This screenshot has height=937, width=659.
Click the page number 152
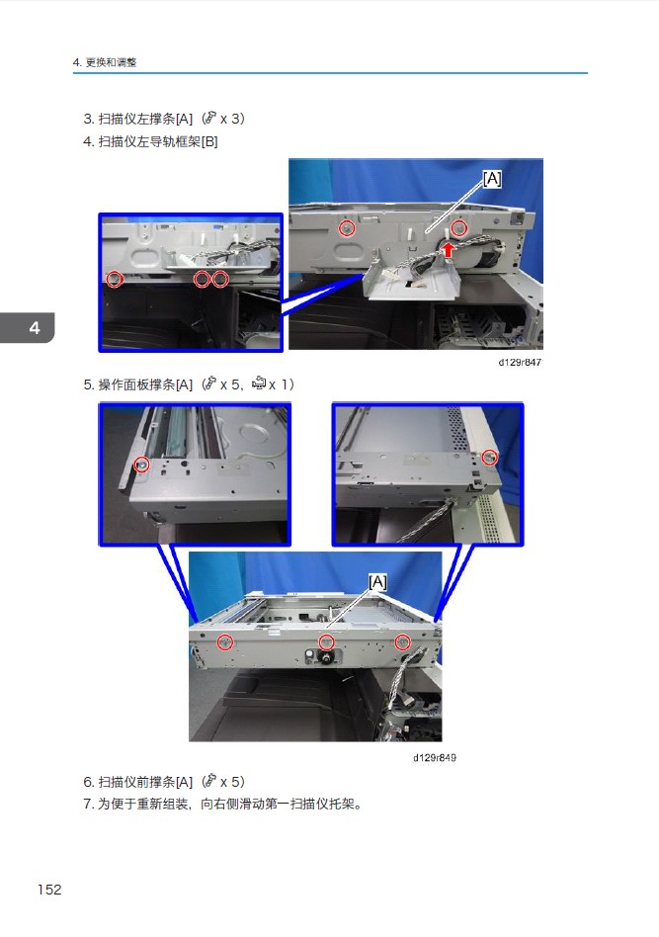tap(49, 890)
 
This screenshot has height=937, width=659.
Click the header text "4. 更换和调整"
tap(105, 62)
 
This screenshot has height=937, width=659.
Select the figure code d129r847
tap(520, 362)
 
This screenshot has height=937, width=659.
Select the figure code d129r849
tap(435, 758)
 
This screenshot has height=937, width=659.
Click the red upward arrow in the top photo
tap(449, 249)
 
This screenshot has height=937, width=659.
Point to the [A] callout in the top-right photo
tap(492, 179)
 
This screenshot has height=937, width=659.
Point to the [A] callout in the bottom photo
tap(377, 581)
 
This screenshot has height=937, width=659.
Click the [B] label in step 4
tap(209, 141)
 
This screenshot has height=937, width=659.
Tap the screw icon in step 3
tap(209, 118)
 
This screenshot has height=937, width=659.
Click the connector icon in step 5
tap(259, 383)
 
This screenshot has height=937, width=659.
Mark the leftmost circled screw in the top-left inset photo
tap(115, 279)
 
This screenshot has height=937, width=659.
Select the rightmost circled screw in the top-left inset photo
tap(220, 279)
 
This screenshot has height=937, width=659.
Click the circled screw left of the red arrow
tap(347, 227)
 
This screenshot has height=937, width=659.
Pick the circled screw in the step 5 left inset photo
tap(141, 465)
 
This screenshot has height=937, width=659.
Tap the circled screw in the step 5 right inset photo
tap(489, 458)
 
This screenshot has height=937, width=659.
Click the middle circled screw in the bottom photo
tap(326, 642)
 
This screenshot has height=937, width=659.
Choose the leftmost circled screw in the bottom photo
tap(224, 642)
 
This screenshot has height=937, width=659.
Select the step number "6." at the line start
tap(89, 782)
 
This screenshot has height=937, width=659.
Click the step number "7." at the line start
tap(89, 804)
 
